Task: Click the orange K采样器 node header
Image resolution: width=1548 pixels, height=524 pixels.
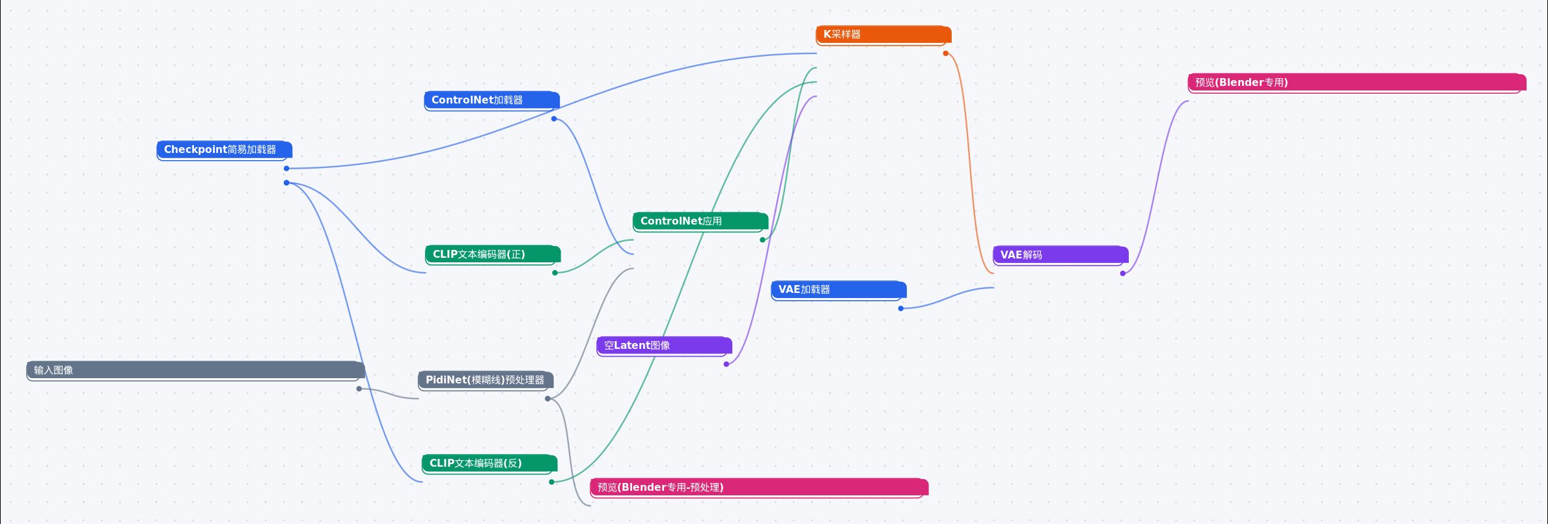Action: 883,34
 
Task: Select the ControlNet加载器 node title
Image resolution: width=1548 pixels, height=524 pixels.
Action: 491,100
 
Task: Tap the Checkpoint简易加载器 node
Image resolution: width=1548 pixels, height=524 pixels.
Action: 224,150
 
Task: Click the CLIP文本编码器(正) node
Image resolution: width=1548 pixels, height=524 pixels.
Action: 493,255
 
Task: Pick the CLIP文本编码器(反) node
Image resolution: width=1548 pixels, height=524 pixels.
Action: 490,463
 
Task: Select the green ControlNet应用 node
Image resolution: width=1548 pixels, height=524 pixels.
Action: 700,221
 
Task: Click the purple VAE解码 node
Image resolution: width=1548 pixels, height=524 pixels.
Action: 1060,255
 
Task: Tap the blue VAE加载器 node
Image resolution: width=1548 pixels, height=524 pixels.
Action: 838,290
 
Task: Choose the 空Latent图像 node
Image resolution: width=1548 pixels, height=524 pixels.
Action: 664,346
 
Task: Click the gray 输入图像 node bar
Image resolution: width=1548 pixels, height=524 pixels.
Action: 195,370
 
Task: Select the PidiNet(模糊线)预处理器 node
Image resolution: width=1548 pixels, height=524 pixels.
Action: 486,380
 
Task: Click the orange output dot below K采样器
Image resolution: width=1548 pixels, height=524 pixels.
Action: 946,53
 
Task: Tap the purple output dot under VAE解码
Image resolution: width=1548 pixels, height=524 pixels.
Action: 1123,273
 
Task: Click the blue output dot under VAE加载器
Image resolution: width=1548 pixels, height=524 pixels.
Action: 901,309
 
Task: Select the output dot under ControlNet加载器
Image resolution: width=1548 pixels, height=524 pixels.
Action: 554,119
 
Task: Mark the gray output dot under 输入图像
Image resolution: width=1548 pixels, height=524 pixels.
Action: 359,389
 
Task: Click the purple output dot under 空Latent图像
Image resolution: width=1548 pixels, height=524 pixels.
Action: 726,364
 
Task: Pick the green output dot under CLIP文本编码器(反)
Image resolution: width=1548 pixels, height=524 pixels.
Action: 551,482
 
